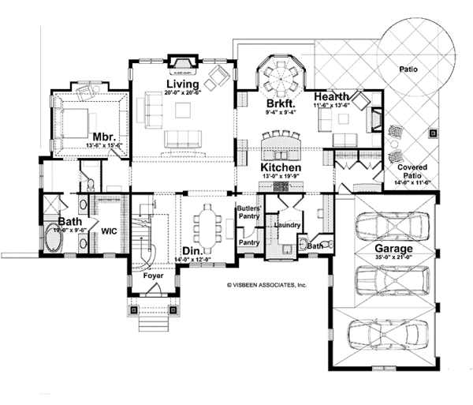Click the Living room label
(x=181, y=84)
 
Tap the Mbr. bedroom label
(x=102, y=135)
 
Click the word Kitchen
(x=280, y=169)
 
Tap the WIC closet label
(x=109, y=232)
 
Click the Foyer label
(x=153, y=277)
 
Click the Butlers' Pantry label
(x=248, y=212)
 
